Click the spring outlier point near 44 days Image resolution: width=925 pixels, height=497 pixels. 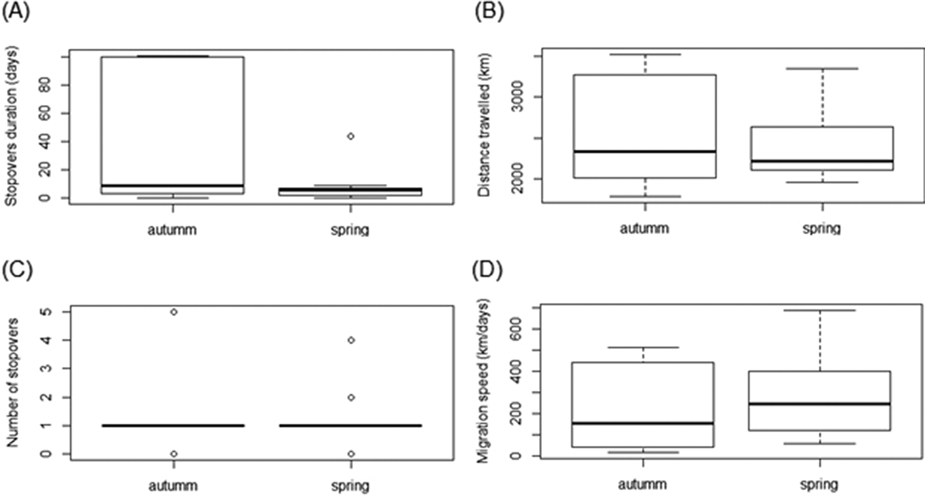point(350,136)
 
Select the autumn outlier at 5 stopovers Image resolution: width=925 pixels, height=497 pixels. point(174,312)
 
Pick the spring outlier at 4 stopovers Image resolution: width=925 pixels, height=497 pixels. point(350,340)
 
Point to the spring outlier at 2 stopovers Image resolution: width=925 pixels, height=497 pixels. point(350,397)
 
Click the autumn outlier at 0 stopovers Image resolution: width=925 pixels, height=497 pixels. point(174,454)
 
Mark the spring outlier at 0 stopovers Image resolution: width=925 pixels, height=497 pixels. point(350,454)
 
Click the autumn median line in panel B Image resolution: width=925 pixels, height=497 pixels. point(644,151)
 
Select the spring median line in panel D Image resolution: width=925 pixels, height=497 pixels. point(820,404)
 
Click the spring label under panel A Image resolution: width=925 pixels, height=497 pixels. point(350,230)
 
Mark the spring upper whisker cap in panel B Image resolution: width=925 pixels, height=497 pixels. point(820,69)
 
